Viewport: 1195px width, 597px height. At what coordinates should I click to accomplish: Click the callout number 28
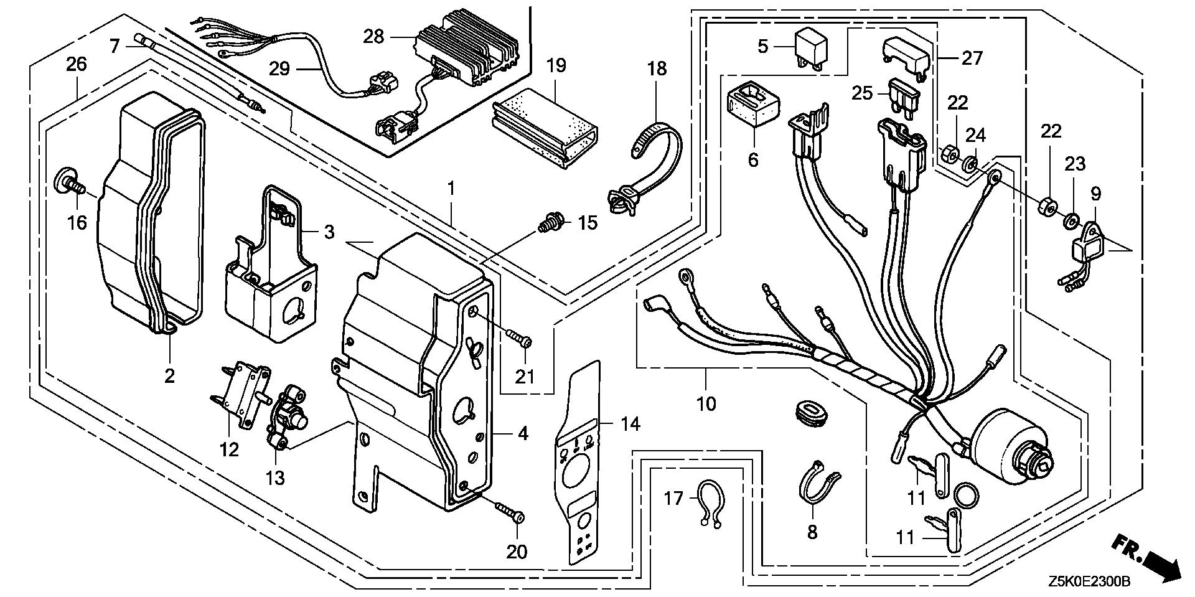373,37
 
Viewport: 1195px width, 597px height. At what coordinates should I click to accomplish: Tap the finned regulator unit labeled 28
467,55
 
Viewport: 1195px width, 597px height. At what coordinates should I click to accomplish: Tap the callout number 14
629,425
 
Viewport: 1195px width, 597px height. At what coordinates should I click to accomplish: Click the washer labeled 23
1071,220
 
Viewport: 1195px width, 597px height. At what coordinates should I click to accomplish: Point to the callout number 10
706,405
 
